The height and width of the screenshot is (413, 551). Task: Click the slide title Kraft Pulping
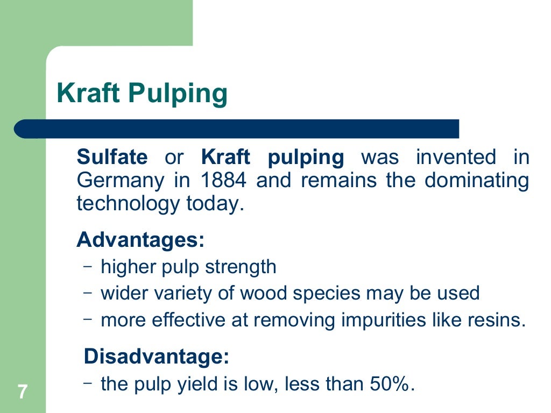(x=142, y=94)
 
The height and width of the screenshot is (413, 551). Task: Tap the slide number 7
(x=22, y=391)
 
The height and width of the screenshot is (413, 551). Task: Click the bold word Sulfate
(x=112, y=158)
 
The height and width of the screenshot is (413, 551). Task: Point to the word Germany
(x=120, y=181)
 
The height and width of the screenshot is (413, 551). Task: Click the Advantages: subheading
(x=140, y=239)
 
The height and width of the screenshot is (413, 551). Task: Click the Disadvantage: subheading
(x=157, y=357)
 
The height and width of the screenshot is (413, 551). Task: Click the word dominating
(x=477, y=181)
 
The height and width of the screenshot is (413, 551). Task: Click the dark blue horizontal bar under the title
(x=237, y=129)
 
